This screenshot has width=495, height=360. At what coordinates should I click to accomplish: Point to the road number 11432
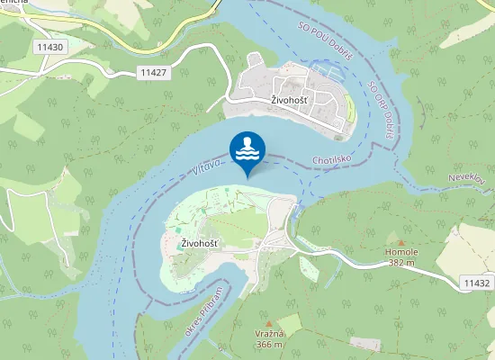476,283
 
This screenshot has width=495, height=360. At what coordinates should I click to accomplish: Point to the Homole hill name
401,251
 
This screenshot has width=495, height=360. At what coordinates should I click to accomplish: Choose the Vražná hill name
269,334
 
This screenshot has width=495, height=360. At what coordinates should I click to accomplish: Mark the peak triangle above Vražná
268,323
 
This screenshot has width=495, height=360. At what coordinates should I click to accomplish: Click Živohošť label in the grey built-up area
290,100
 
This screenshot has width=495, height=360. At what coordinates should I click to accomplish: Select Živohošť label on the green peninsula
200,244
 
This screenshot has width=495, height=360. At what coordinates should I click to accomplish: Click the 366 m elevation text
269,344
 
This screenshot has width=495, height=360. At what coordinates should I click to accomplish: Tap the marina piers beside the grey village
324,70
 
